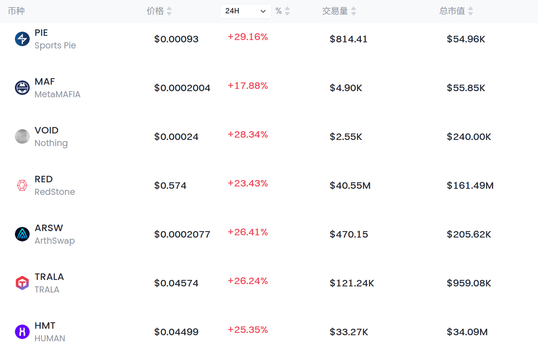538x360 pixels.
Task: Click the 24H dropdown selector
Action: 245,11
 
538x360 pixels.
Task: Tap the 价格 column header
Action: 155,11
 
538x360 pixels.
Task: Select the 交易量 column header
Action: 335,11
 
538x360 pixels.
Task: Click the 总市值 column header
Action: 452,11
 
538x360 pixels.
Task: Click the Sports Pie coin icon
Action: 22,39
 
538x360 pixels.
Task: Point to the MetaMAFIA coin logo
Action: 22,88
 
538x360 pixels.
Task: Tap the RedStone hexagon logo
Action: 22,185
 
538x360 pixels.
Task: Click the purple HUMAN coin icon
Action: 22,332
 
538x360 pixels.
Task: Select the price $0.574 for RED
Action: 170,186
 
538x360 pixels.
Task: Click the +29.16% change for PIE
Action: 248,37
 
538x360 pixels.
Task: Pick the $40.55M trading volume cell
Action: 350,186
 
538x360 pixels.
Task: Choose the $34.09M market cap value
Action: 467,332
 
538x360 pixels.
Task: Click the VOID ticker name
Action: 46,130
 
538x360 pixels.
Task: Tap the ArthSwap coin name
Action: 54,241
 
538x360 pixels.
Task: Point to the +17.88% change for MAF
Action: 248,86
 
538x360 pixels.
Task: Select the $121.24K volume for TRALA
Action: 352,283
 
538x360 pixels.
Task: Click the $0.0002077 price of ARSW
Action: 182,235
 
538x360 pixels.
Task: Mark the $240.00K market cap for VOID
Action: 469,137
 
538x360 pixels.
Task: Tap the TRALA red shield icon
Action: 22,283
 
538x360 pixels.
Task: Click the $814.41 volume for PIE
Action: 349,39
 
